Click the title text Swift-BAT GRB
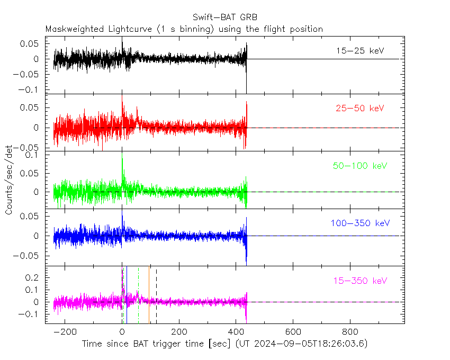coord(225,17)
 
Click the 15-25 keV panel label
coord(359,51)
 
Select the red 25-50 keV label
coord(359,109)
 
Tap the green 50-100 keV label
coord(360,166)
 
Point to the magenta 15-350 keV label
coord(359,281)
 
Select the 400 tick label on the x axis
coord(236,332)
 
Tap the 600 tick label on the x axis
coord(293,332)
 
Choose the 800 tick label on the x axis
coord(349,332)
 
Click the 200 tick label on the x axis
coord(179,332)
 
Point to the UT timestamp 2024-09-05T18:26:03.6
coord(309,344)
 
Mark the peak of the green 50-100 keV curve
coord(122,154)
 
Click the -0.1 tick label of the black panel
coord(31,89)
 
